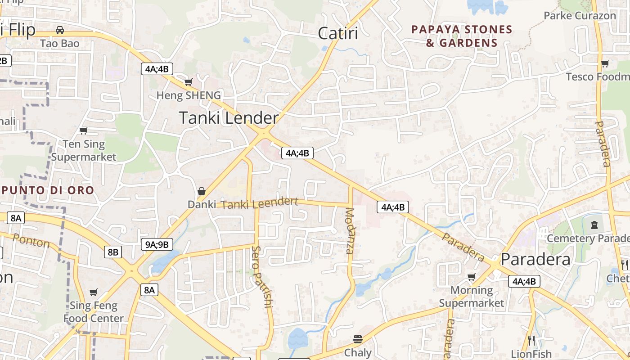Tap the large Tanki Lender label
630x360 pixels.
pos(229,118)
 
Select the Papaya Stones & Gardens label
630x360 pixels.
pos(462,36)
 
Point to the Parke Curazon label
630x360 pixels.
pos(580,16)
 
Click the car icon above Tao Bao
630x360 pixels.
pos(59,30)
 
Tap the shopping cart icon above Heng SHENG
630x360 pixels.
pos(189,82)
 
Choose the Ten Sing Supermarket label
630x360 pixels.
pos(84,150)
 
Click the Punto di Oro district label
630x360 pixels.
pos(48,190)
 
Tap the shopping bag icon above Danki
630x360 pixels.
pos(202,191)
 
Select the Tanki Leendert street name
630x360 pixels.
pos(260,203)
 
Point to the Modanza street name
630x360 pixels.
pos(350,231)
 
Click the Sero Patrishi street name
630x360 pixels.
pos(261,276)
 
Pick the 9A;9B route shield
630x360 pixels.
pos(157,244)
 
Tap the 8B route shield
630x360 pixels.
pos(112,252)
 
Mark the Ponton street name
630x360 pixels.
pos(31,241)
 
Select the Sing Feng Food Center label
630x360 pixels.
pos(93,312)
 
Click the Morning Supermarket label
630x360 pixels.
pos(471,297)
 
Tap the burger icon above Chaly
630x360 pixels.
pos(358,339)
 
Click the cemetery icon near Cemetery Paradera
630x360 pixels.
pos(594,224)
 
